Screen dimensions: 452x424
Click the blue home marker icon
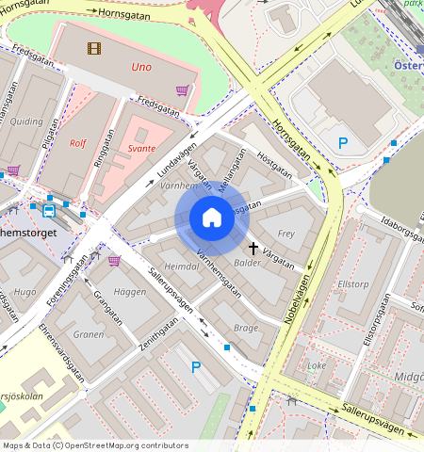click(212, 218)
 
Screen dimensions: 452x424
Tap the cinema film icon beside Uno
click(93, 48)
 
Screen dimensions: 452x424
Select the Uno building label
click(141, 68)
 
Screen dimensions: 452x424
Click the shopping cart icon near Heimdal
click(114, 260)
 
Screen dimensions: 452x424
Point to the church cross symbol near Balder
click(253, 248)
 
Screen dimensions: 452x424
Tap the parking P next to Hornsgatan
click(343, 144)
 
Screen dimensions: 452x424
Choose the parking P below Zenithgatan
click(195, 366)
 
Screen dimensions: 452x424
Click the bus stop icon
click(48, 210)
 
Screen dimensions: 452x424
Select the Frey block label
click(287, 233)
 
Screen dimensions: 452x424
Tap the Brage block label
click(245, 327)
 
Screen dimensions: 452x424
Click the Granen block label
click(89, 333)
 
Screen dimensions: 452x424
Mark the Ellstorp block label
click(351, 282)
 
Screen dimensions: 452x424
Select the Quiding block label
click(26, 121)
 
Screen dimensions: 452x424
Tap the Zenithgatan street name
click(159, 336)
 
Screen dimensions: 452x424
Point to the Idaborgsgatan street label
click(395, 233)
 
